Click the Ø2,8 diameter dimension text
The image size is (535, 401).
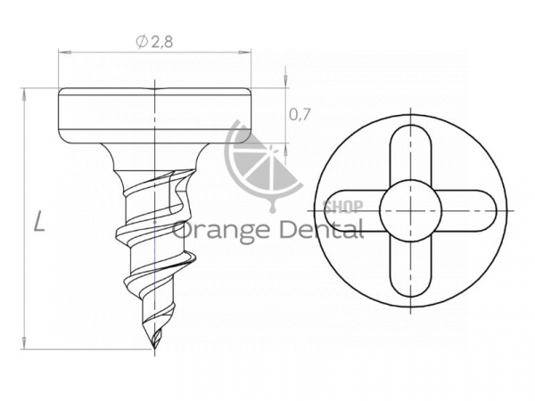[x=154, y=42]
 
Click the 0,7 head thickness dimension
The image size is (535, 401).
[x=300, y=115]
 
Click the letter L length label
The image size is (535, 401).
[x=40, y=221]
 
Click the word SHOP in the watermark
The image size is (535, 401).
[x=342, y=206]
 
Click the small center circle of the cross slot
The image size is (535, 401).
[x=411, y=210]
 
